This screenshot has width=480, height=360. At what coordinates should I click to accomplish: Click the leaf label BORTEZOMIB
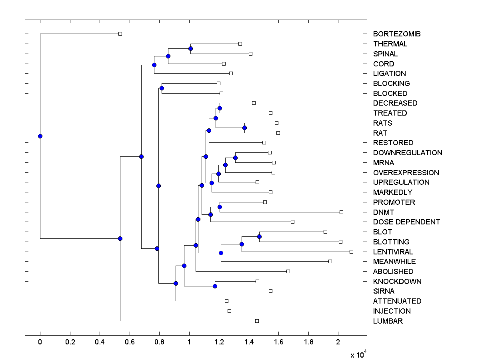[x=396, y=34]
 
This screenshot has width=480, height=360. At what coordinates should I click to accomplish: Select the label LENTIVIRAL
[x=393, y=252]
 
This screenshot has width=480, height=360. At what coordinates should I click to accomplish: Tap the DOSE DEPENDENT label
[x=406, y=222]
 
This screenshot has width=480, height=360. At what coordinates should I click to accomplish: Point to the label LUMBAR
[x=388, y=321]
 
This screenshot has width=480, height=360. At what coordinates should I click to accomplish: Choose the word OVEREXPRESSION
[x=406, y=172]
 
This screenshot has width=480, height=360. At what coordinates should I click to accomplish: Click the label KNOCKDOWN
[x=397, y=281]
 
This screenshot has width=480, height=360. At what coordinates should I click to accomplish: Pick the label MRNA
[x=383, y=162]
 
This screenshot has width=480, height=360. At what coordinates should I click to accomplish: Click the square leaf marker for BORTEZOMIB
[x=120, y=34]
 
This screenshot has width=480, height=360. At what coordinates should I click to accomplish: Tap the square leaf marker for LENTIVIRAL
[x=351, y=252]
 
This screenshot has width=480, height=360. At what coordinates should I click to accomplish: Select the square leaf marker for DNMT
[x=341, y=212]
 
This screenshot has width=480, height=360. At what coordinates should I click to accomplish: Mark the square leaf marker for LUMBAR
[x=257, y=321]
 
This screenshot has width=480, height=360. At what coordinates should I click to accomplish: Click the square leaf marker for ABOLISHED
[x=288, y=271]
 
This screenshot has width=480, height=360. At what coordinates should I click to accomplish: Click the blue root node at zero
[x=40, y=136]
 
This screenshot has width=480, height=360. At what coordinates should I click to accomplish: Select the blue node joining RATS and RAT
[x=244, y=128]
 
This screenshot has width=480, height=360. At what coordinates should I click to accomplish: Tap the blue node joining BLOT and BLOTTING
[x=259, y=236]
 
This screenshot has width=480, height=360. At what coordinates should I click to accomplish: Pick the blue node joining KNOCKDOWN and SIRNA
[x=215, y=286]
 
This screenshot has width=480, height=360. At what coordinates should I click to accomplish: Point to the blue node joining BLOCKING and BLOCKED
[x=162, y=88]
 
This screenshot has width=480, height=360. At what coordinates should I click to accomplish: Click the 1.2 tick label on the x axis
[x=219, y=342]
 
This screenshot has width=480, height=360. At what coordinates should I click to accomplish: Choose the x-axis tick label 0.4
[x=100, y=342]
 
